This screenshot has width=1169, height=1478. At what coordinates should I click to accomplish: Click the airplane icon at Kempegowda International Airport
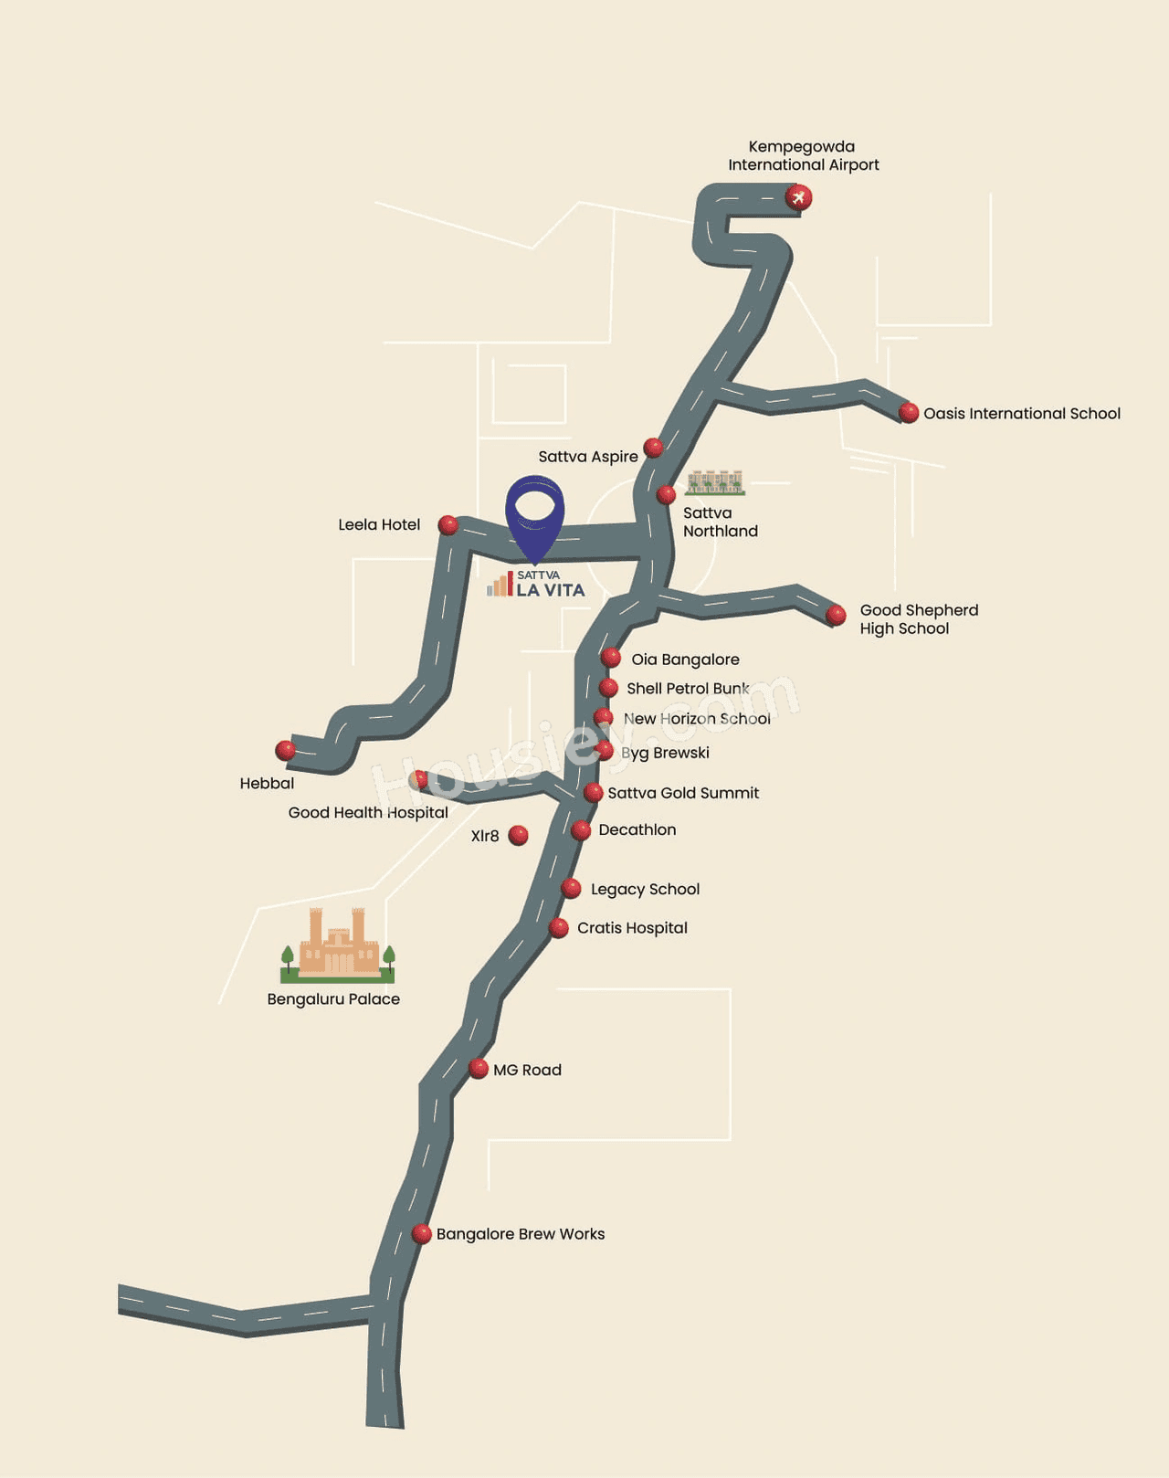tap(799, 198)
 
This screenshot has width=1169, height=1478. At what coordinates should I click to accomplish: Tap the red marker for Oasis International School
tap(909, 413)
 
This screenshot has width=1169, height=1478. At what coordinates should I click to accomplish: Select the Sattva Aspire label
tap(588, 457)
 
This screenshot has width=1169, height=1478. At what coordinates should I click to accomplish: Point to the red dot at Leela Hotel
tap(448, 525)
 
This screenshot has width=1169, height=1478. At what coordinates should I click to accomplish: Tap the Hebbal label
tap(267, 783)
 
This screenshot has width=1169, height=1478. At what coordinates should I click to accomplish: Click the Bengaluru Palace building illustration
tap(337, 945)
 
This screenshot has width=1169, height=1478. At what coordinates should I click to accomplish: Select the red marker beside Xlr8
tap(518, 835)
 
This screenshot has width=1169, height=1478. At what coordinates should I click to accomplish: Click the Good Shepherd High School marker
tap(836, 615)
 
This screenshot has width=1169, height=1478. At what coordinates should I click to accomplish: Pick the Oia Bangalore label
tap(686, 660)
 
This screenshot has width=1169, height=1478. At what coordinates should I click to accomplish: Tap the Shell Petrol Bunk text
tap(688, 688)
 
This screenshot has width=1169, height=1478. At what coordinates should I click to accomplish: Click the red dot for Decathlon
tap(581, 830)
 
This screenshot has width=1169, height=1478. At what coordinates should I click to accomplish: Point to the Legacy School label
tap(645, 890)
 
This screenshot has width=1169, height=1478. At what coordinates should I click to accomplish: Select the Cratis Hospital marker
tap(558, 929)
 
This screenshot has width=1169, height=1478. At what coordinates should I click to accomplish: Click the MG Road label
tap(528, 1070)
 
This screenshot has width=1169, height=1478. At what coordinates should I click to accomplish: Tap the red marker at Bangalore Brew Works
tap(421, 1234)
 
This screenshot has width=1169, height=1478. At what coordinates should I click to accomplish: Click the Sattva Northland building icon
tap(715, 483)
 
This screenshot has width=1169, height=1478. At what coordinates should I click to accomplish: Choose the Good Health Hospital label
tap(368, 812)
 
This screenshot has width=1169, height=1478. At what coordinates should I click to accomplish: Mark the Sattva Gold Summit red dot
tap(594, 793)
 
